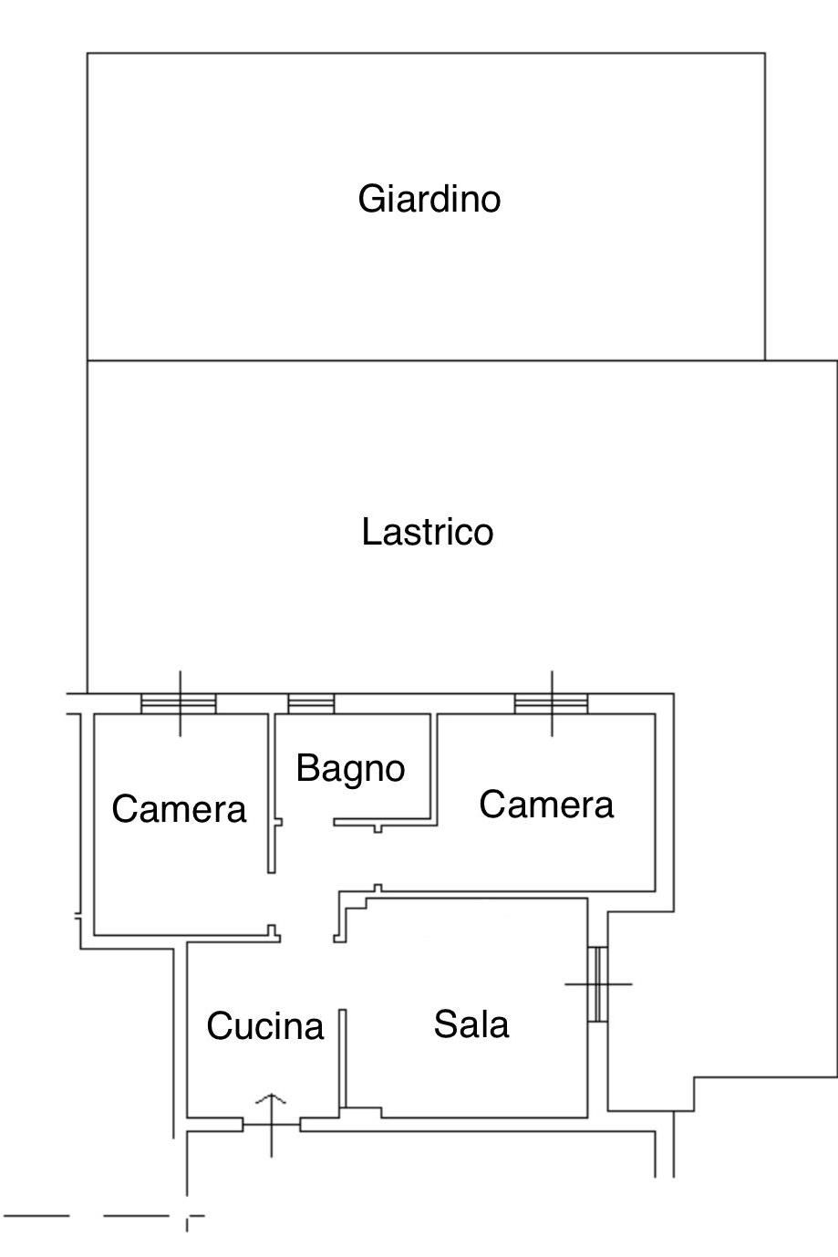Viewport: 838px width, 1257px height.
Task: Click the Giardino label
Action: click(429, 199)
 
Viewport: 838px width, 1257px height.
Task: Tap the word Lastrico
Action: click(427, 532)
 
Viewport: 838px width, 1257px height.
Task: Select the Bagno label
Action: click(350, 768)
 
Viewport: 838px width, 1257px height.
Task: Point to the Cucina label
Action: click(264, 1026)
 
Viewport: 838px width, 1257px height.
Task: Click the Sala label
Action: click(471, 1024)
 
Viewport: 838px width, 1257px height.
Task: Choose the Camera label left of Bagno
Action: click(179, 809)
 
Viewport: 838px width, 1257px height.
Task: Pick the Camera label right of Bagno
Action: click(546, 805)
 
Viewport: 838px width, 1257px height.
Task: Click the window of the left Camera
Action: click(179, 703)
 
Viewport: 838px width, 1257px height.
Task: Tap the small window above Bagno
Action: click(311, 703)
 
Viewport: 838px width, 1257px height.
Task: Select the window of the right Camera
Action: click(551, 703)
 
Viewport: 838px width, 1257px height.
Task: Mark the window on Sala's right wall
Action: click(597, 984)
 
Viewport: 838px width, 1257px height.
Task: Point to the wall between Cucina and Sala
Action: click(343, 1058)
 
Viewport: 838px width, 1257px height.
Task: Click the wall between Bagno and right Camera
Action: click(434, 766)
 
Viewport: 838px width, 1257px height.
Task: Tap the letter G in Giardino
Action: click(369, 199)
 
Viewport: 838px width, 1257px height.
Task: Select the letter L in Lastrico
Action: click(369, 532)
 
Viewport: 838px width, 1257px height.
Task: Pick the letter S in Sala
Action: click(444, 1024)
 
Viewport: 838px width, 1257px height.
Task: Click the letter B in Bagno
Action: click(306, 768)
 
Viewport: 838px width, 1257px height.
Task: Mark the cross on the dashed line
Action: click(188, 1216)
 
